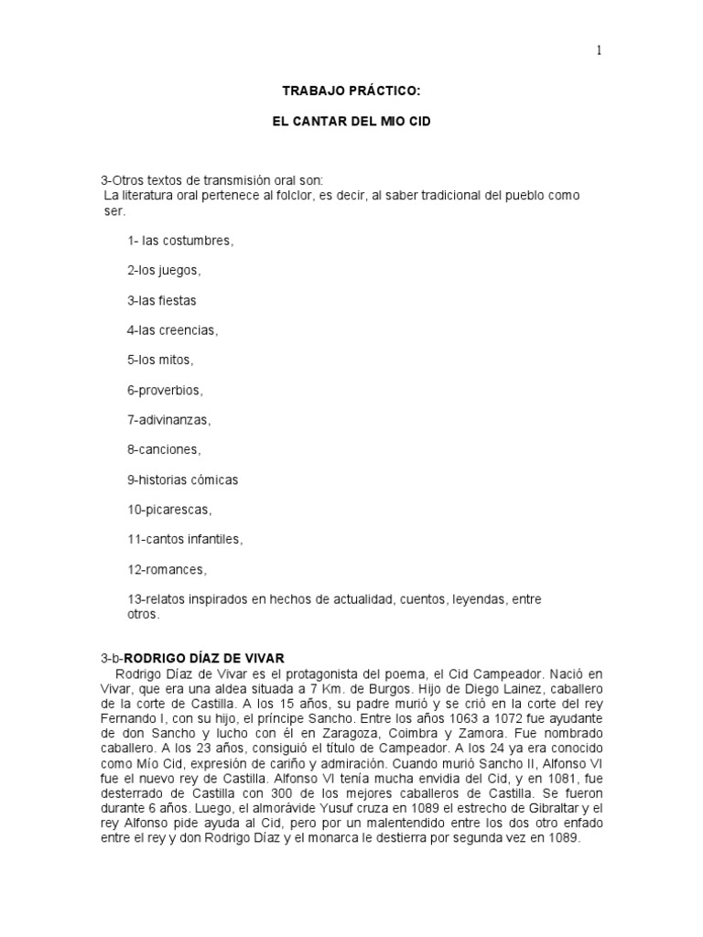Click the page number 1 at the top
coord(600,51)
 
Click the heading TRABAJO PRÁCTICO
coord(351,92)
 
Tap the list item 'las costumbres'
coord(180,241)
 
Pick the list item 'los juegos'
coord(164,271)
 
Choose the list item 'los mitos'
coord(161,360)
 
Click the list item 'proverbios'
coord(166,390)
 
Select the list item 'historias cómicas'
coord(182,479)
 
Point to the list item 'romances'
coord(168,569)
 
